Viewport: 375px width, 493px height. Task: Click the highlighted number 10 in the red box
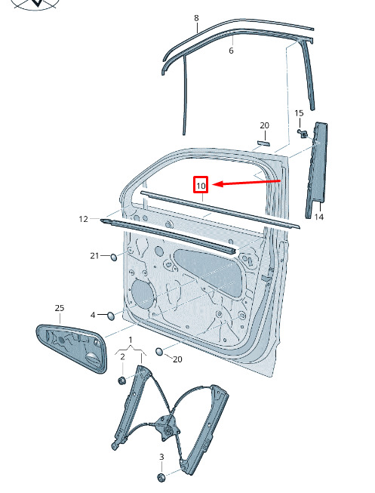coord(201,186)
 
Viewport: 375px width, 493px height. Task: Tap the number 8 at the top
coord(196,18)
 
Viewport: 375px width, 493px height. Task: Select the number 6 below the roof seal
coord(231,51)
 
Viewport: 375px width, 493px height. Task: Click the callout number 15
coord(299,113)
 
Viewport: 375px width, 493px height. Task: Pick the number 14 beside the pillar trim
coord(318,217)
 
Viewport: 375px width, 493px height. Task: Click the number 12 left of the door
coord(83,219)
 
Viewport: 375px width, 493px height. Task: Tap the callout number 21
coord(94,256)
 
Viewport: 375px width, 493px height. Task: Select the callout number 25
coord(60,308)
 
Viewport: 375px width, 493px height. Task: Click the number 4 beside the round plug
coord(93,315)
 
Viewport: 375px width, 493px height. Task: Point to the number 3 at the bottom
coord(161,457)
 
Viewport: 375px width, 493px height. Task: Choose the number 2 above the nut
coord(122,356)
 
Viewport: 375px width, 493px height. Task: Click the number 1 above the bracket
coord(131,340)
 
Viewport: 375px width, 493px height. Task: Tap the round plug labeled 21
coord(113,257)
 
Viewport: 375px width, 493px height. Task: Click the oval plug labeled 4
coord(111,316)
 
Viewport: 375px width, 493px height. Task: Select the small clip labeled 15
coord(303,134)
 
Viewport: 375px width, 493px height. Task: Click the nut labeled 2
coord(122,381)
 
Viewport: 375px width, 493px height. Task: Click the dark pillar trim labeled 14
coord(317,170)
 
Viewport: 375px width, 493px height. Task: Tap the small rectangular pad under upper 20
coord(264,143)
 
